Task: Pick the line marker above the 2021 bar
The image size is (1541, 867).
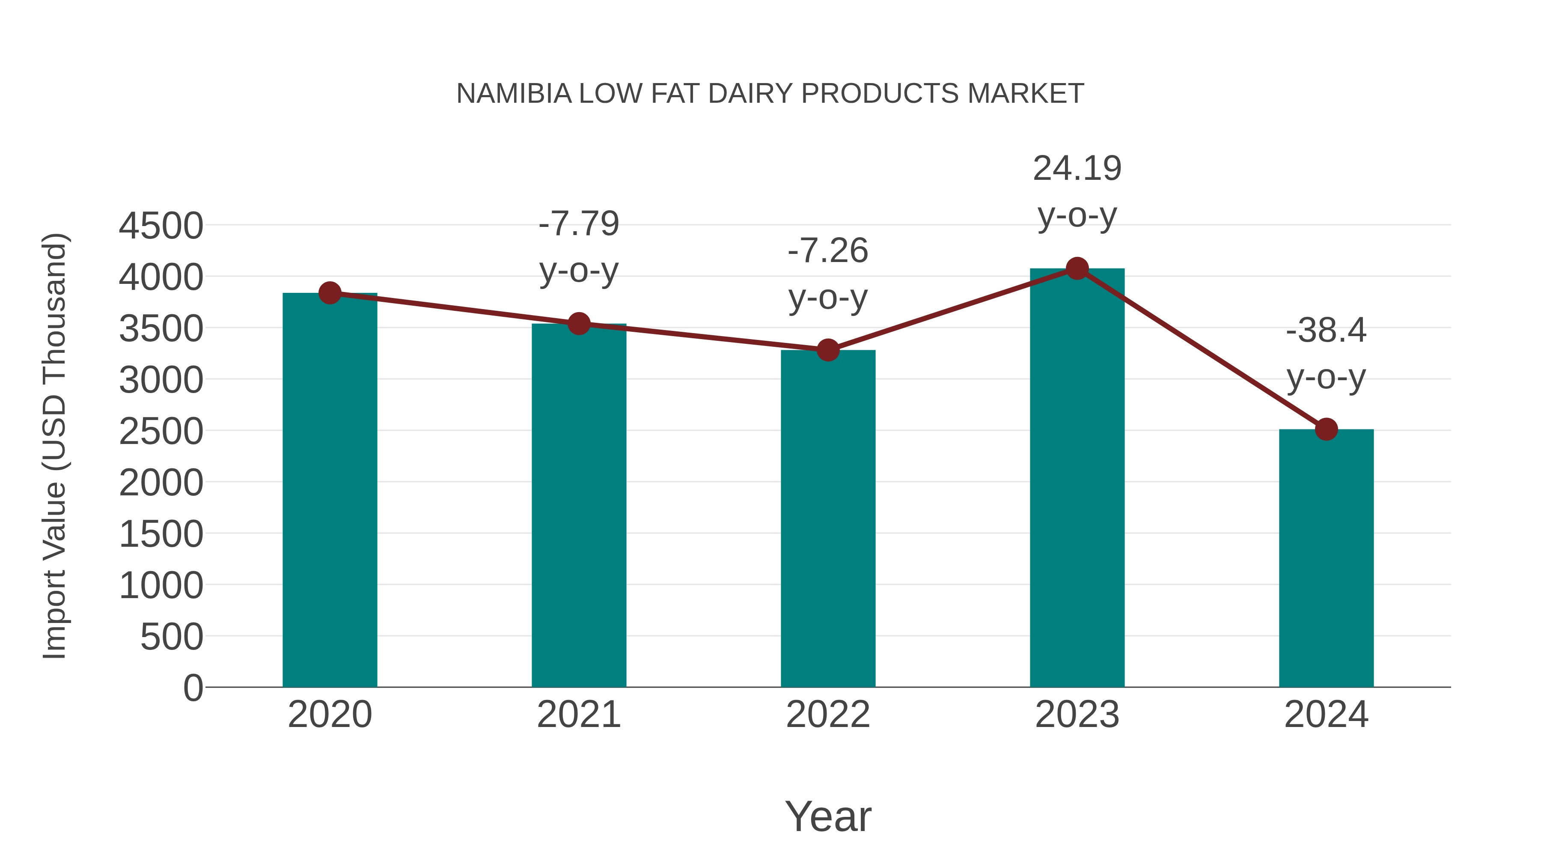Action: coord(578,324)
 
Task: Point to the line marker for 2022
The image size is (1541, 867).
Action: coord(828,350)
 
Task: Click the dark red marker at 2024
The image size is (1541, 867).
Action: coord(1326,429)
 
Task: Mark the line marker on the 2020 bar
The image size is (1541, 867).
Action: coord(330,293)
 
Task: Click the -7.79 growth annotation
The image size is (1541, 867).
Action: coord(578,224)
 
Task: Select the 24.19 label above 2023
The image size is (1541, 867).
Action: coord(1077,168)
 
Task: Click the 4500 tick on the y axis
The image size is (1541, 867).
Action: coord(161,226)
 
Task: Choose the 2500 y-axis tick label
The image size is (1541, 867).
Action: coord(161,432)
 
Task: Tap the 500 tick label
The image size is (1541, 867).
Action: coord(172,637)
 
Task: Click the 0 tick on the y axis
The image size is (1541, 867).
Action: coord(193,688)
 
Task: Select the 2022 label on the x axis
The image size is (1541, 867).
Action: coord(828,715)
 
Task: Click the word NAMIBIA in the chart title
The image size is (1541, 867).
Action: coord(514,94)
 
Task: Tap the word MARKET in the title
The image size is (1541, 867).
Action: coord(1025,94)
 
